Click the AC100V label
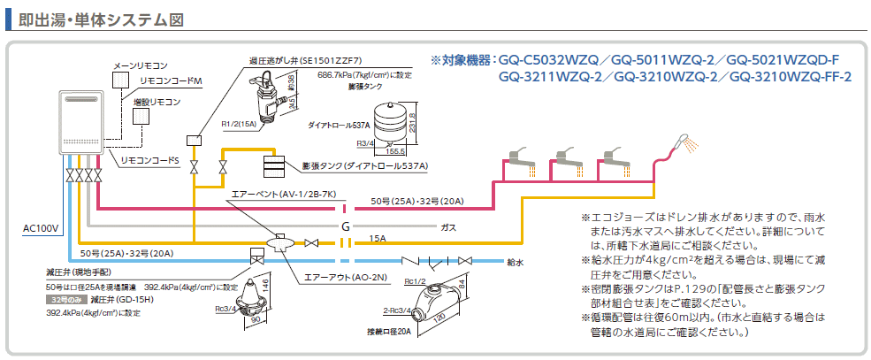40,227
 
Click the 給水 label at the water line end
516,262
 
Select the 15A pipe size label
378,238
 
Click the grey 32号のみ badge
64,301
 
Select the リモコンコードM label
172,80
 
